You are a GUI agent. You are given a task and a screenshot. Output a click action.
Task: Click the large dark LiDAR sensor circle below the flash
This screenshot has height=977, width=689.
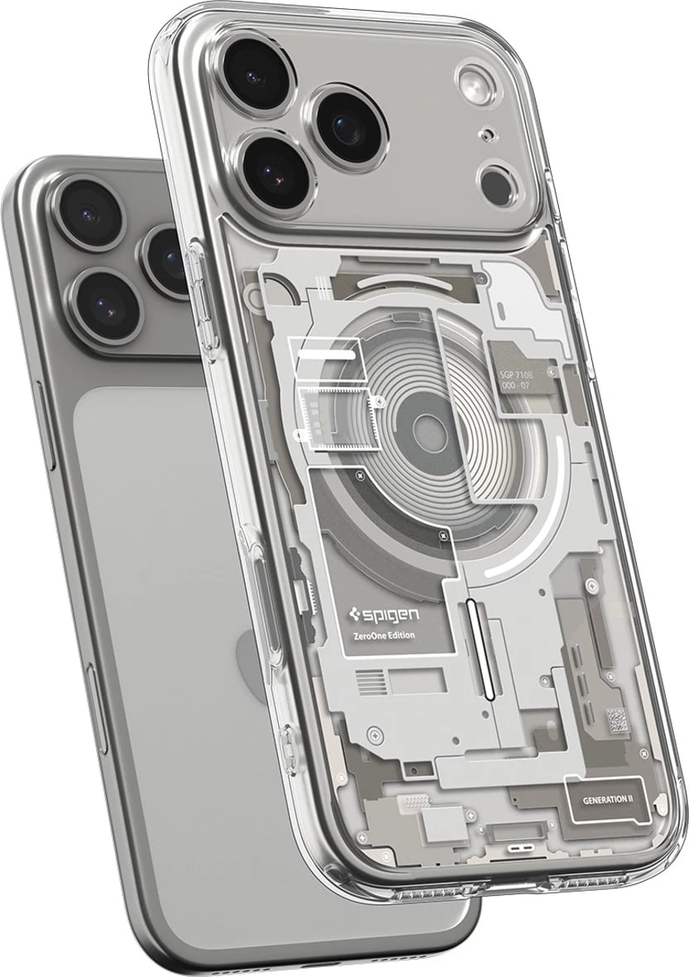coord(499,180)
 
